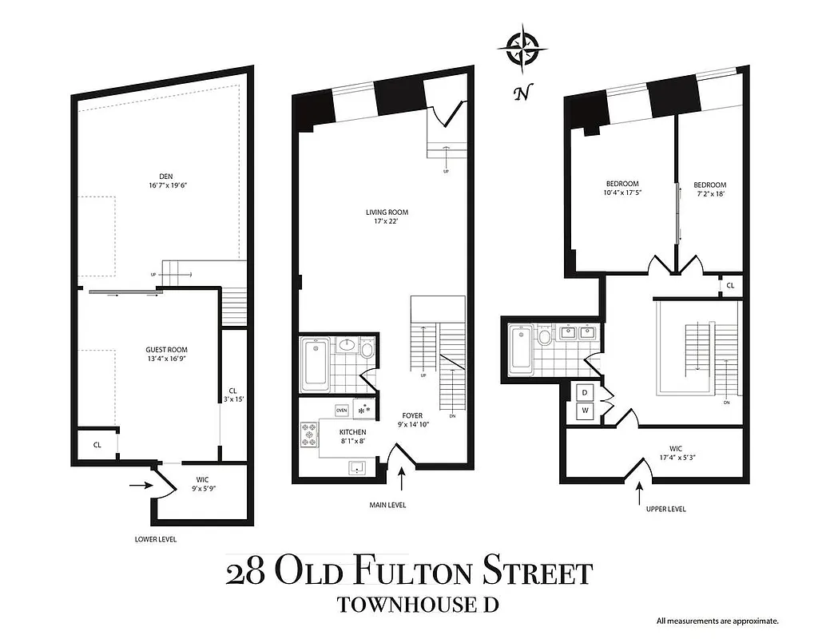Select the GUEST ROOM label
[x=166, y=350]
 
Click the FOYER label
[x=412, y=416]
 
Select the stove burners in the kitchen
[x=309, y=435]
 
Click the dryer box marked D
[x=584, y=392]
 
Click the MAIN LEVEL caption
[x=389, y=505]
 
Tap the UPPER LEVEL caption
[x=665, y=509]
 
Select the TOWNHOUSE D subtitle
[x=418, y=604]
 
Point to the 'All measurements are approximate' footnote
[x=717, y=621]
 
